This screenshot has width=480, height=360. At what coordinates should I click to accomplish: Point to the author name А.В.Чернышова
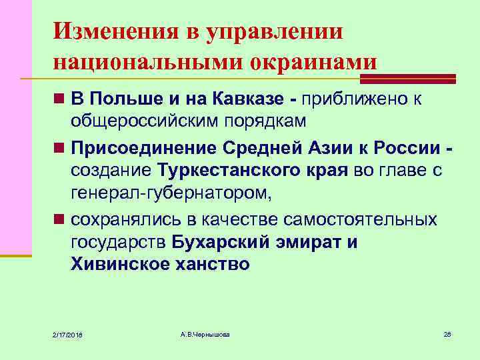[205, 333]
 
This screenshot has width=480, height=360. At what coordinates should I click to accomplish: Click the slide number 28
[447, 333]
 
